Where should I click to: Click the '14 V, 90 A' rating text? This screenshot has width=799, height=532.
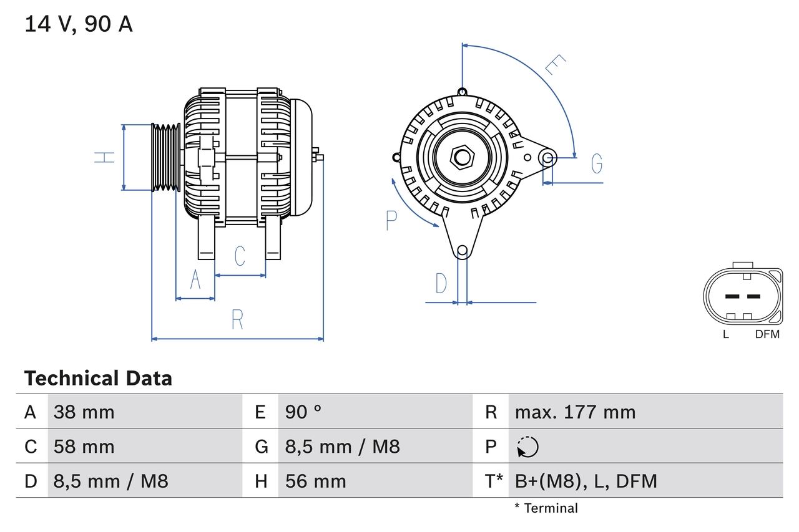[78, 24]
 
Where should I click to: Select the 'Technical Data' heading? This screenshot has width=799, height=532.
[98, 379]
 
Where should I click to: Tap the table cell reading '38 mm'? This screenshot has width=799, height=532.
[84, 412]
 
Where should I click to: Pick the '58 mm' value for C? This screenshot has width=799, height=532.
[84, 447]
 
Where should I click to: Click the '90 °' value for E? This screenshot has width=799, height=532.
[303, 412]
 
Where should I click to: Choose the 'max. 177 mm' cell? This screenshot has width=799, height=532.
[575, 412]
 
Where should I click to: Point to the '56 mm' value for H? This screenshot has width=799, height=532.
[315, 481]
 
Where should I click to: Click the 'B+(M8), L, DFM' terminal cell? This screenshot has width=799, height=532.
[586, 481]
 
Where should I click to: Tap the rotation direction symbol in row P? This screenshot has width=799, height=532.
[527, 447]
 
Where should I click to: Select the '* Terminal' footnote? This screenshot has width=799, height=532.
[546, 508]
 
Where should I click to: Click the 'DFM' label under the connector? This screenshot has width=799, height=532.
[767, 334]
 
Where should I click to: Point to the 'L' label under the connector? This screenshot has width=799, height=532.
[726, 334]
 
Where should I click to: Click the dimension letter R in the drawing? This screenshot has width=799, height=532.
[237, 320]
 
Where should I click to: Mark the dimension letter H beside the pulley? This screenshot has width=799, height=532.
[105, 157]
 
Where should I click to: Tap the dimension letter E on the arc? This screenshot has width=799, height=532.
[555, 65]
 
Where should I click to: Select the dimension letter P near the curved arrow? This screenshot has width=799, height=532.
[391, 220]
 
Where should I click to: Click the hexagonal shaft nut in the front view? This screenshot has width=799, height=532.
[462, 157]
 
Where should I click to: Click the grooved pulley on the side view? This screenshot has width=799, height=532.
[165, 157]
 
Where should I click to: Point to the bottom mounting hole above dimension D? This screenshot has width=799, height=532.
[462, 251]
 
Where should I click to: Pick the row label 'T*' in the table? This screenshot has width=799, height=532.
[494, 481]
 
